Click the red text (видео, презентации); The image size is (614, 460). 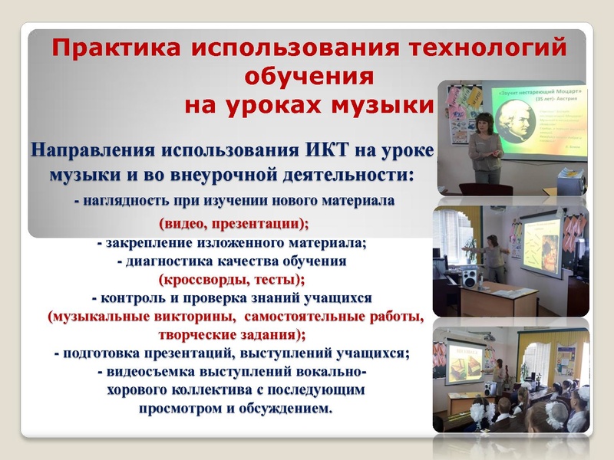(x=233, y=225)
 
